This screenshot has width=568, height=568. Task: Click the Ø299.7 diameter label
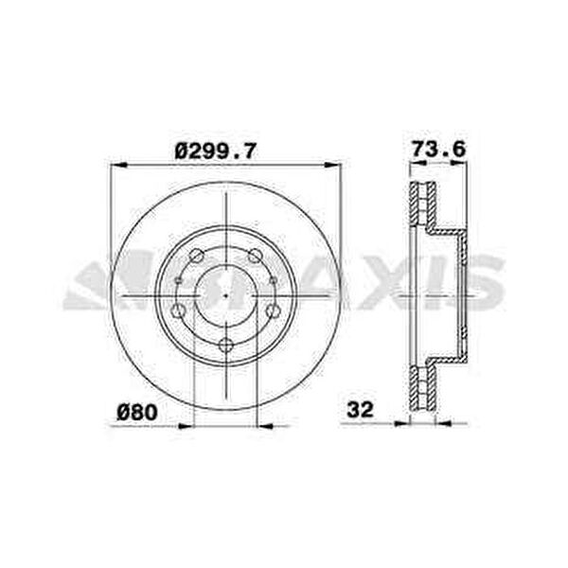click(x=216, y=151)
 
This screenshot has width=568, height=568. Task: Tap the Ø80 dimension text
click(x=137, y=412)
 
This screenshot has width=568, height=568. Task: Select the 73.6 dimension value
click(x=438, y=149)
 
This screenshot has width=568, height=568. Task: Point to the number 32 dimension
click(x=360, y=410)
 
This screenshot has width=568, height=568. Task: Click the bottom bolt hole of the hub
click(x=226, y=345)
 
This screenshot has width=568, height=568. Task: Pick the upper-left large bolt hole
click(x=197, y=256)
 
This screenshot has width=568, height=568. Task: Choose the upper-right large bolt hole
click(x=255, y=256)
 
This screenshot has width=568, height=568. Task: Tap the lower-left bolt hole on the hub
click(x=178, y=311)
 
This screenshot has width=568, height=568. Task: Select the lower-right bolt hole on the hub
click(x=274, y=311)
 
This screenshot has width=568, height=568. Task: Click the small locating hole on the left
click(x=178, y=280)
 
